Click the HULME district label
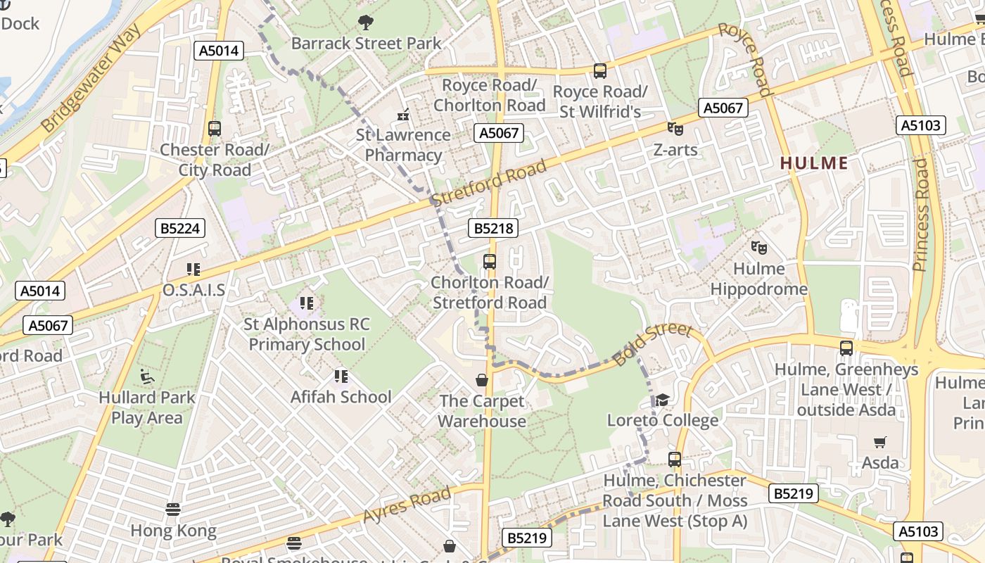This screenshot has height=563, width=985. (x=814, y=163)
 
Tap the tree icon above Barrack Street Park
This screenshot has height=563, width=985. (x=365, y=23)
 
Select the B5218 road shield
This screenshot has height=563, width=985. (x=493, y=228)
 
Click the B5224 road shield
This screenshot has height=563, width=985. (x=179, y=228)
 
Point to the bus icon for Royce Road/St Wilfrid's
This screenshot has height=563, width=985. (x=599, y=70)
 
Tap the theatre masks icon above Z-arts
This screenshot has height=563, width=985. (x=675, y=129)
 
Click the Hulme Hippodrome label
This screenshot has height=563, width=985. (x=758, y=279)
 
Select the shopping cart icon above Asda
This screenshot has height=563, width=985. (x=880, y=442)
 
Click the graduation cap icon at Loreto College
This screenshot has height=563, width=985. (x=662, y=400)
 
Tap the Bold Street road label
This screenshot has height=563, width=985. (x=652, y=344)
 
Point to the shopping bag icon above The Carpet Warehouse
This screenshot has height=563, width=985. (x=482, y=380)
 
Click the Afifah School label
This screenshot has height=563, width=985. (x=341, y=397)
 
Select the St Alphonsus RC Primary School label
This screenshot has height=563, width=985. (x=307, y=334)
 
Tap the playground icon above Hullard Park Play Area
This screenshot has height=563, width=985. (x=147, y=377)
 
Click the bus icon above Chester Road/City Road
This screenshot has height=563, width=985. (x=215, y=129)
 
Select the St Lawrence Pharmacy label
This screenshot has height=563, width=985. (x=403, y=145)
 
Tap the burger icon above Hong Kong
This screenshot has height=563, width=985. (x=173, y=509)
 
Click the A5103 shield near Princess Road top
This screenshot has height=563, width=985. (x=920, y=125)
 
